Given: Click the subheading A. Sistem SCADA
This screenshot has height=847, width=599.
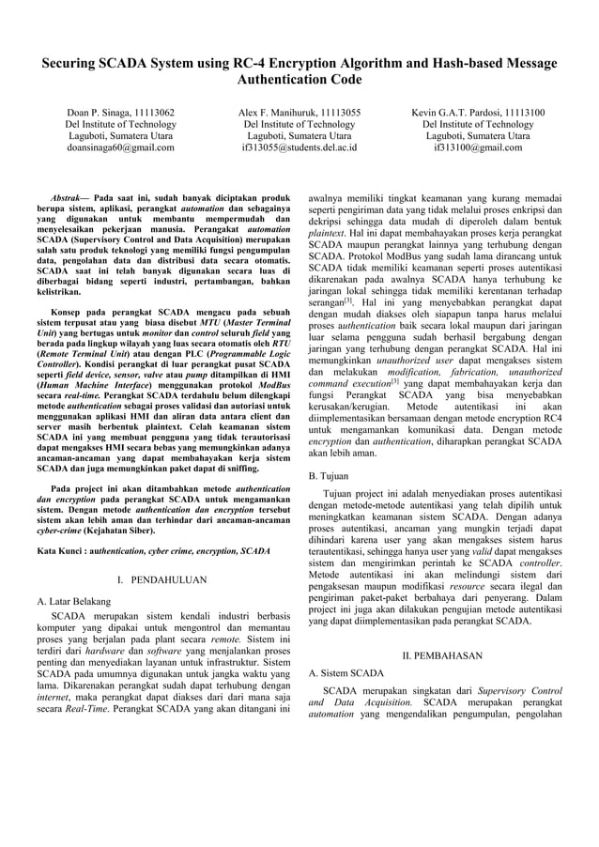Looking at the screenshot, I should [346, 673].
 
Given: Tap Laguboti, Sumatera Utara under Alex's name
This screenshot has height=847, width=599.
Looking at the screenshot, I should [299, 136].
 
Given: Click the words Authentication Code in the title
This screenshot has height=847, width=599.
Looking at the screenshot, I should [299, 80].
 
